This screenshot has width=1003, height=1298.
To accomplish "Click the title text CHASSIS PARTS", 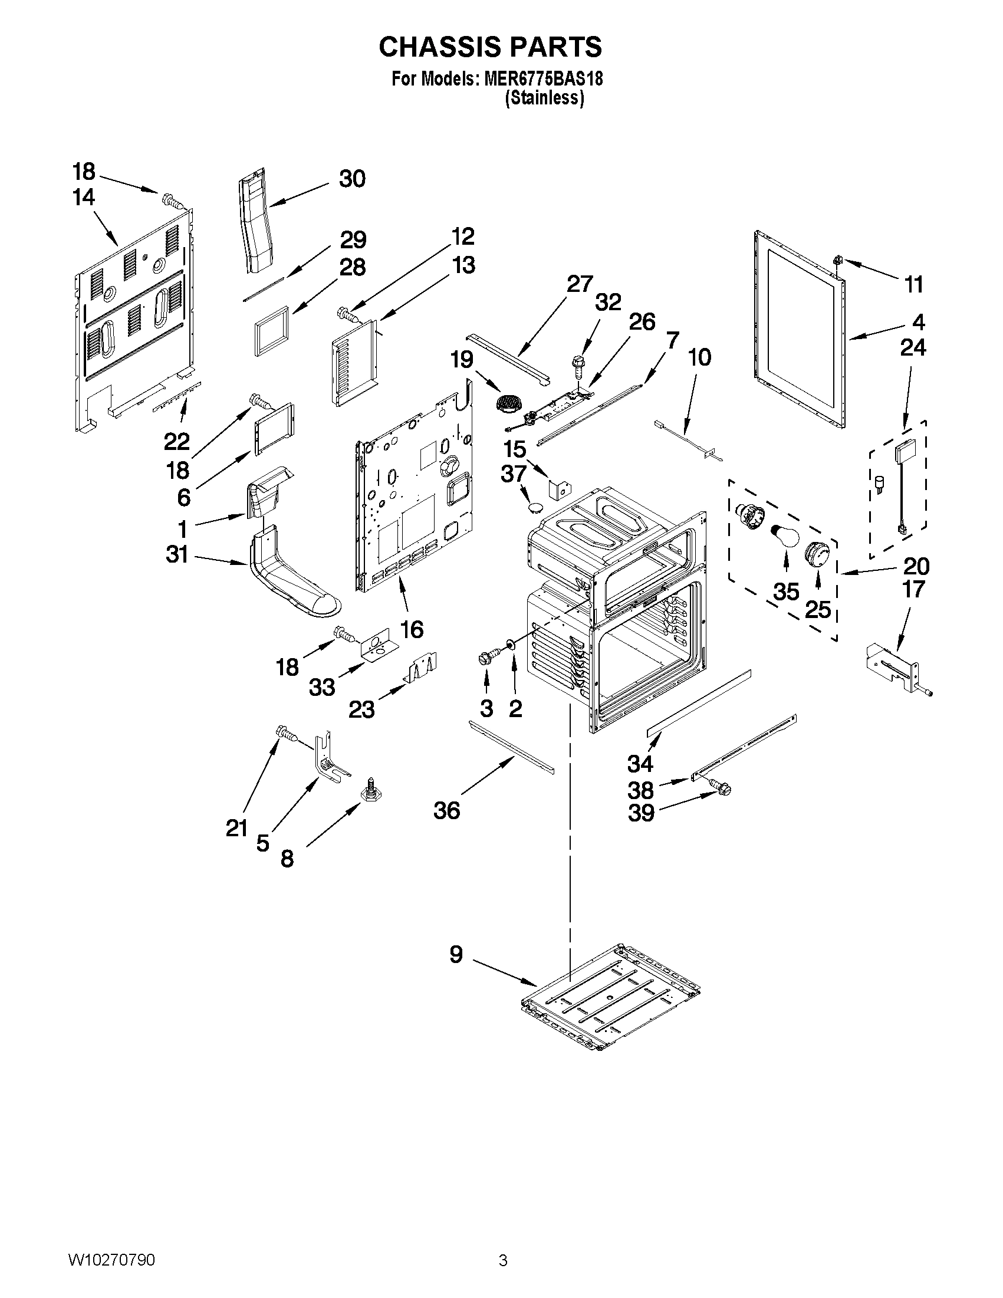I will click(490, 47).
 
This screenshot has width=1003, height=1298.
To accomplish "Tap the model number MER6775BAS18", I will click(543, 79).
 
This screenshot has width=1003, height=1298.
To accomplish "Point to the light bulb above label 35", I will click(783, 537).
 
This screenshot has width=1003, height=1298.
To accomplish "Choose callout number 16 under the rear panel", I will click(412, 629).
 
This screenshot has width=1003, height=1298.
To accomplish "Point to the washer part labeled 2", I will click(510, 645).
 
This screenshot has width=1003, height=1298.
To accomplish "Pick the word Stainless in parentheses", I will click(544, 98).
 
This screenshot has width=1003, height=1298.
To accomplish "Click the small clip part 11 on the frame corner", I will click(839, 259).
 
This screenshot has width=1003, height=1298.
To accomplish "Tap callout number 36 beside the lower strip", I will click(446, 810).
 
